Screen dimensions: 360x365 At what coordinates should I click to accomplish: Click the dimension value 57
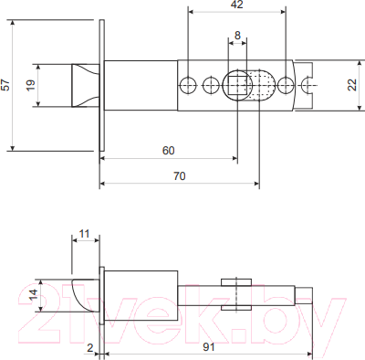[7, 85]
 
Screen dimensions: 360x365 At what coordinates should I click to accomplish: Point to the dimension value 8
[238, 36]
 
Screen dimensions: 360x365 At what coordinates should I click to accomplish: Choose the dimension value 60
[169, 149]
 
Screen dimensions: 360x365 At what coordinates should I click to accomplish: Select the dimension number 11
[85, 235]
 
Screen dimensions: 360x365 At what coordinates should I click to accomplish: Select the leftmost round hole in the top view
[188, 86]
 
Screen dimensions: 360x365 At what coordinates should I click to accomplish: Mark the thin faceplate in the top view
[101, 85]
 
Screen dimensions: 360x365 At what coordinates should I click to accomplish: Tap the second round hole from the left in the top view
[212, 86]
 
